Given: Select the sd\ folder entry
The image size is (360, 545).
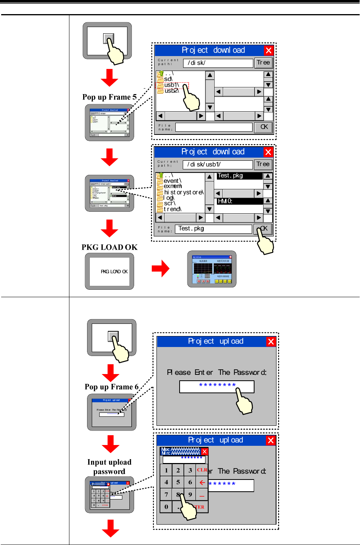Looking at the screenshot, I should [x=168, y=79].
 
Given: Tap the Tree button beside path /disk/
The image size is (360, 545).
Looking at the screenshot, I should [x=263, y=63].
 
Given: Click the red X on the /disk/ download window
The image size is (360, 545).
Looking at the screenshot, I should [x=268, y=50].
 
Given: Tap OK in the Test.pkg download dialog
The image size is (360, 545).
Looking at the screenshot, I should [x=264, y=229].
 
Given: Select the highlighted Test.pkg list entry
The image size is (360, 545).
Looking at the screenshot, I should [x=239, y=176].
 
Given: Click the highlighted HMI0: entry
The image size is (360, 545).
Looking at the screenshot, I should [x=239, y=201].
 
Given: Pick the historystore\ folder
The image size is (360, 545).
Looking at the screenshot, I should [x=184, y=193].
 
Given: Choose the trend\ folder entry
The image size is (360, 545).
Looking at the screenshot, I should [x=173, y=209].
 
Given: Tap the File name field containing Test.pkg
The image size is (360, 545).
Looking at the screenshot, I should [x=213, y=229].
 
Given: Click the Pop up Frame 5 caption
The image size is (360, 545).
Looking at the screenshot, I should [x=109, y=97].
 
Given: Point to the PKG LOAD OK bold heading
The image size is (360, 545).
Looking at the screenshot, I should [x=109, y=247].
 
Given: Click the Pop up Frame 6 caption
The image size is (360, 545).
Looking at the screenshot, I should [x=111, y=387].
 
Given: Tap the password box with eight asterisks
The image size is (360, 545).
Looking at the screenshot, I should [x=216, y=387].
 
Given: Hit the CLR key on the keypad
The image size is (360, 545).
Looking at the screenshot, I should [x=202, y=470].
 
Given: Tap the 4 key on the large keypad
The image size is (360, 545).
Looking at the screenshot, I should [x=166, y=482].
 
